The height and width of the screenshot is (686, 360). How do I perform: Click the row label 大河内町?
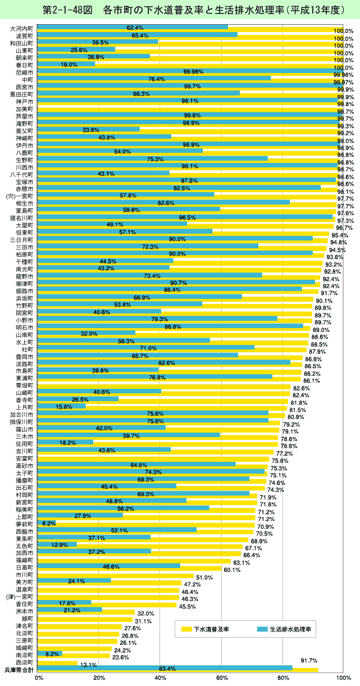coord(22,28)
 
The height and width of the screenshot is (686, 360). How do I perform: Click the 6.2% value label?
coord(49,523)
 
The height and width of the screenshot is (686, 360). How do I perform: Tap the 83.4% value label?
coord(167,669)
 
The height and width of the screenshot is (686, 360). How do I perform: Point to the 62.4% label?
coord(135,28)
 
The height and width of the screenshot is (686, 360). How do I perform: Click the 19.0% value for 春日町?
coord(69,65)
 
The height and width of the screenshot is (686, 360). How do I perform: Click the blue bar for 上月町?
coord(62,406)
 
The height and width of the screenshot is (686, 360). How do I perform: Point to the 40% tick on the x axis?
coord(161,679)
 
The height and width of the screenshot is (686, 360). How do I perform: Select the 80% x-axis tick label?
coord(282,679)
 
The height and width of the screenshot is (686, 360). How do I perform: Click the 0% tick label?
coord(39,679)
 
